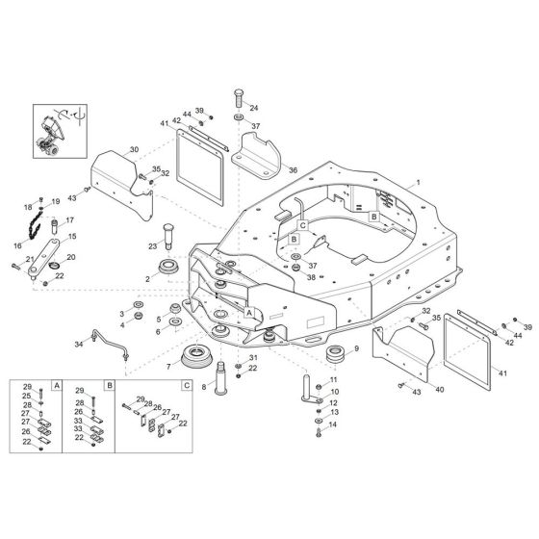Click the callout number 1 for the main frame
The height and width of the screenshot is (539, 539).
tap(419, 182)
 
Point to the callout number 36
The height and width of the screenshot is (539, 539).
tap(293, 170)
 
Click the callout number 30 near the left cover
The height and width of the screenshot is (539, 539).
tap(134, 149)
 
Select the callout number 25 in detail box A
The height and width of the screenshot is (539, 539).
tap(27, 396)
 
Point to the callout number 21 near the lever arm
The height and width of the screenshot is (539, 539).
tap(30, 260)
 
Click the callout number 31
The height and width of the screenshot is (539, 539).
tap(252, 358)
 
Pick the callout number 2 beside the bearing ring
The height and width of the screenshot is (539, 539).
tap(147, 278)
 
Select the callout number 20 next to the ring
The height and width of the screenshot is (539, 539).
tap(70, 257)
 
